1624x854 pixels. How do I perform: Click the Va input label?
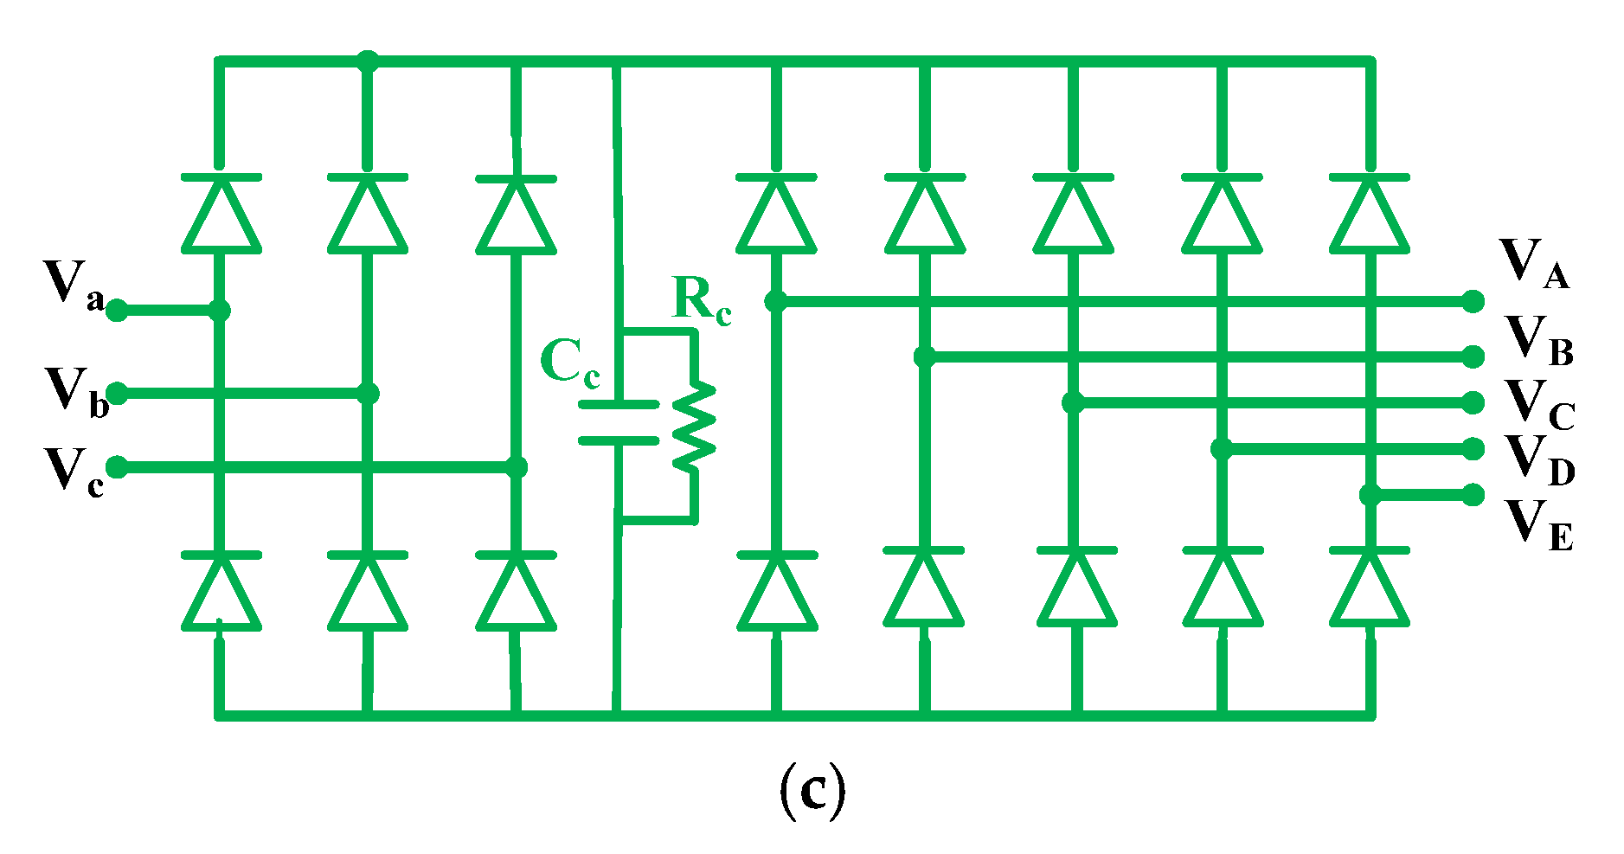tap(74, 286)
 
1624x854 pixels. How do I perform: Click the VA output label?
tap(1533, 263)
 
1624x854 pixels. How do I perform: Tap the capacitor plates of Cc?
tap(618, 422)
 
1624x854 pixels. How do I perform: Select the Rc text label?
tap(701, 301)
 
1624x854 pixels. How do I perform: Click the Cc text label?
tap(568, 363)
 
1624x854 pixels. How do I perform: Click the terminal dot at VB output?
tap(1473, 356)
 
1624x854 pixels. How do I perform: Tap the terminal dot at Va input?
tap(117, 310)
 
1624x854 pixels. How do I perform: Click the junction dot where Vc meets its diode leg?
tap(517, 467)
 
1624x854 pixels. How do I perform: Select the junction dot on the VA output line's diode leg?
tap(776, 301)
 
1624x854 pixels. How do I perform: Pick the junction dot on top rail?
tap(368, 61)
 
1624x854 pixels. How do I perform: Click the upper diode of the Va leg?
tap(221, 214)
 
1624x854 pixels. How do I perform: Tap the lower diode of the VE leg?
tap(1369, 588)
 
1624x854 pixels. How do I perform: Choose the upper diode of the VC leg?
tap(1073, 213)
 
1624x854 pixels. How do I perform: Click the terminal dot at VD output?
tap(1473, 448)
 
